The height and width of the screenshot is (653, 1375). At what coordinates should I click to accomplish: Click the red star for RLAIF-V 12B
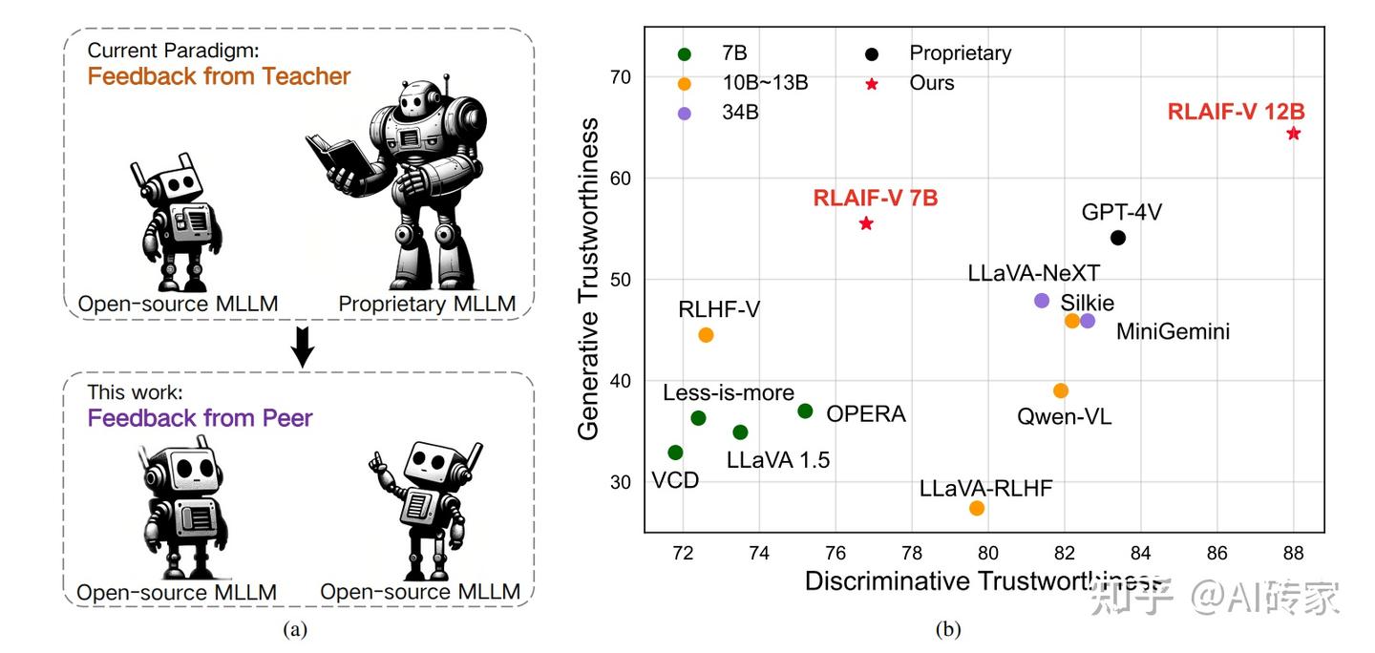point(1294,134)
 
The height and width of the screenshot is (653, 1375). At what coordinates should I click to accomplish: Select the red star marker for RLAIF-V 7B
point(866,223)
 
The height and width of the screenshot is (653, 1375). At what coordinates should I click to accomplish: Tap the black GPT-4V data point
point(1118,238)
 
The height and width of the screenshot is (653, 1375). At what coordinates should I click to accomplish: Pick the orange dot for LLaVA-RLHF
point(977,508)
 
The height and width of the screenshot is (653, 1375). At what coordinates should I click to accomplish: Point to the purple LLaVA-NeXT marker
point(1042,301)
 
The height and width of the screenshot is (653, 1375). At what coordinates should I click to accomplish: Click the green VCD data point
point(675,453)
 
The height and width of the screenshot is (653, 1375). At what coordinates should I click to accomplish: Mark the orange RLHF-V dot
point(706,335)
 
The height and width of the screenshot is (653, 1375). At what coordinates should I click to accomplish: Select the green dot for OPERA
point(805,411)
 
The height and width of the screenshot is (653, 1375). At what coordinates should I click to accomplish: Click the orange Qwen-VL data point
point(1061,390)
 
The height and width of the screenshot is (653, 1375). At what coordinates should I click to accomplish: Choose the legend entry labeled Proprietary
point(960,53)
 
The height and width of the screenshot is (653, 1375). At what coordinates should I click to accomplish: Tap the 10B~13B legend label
point(764,83)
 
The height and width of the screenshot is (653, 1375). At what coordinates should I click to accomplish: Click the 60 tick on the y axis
point(622,179)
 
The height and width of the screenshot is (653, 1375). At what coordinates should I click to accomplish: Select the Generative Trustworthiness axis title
point(589,279)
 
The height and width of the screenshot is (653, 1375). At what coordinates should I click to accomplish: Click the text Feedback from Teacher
point(219,76)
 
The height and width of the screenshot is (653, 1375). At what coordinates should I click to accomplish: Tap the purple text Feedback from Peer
point(200,417)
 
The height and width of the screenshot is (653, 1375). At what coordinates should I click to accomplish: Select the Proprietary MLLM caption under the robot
point(427,305)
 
